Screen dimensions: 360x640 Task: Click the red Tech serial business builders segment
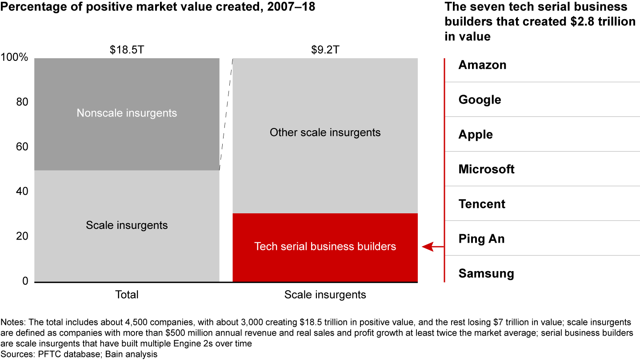coord(325,247)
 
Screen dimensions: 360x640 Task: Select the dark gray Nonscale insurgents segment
coord(127,113)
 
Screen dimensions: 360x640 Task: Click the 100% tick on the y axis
coord(15,58)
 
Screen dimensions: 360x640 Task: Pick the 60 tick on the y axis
coord(22,147)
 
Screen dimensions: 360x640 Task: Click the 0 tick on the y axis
coord(25,281)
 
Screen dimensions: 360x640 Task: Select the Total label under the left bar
coord(127,295)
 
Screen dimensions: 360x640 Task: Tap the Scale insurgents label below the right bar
coord(325,295)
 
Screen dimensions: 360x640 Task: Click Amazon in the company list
coord(482,65)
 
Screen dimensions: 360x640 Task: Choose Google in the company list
coord(480,100)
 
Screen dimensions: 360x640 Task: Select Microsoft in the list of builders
coord(486,169)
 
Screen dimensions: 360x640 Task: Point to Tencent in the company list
coord(482,204)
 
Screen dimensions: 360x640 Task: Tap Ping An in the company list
coord(481,239)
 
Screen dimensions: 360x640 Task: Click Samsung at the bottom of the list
coord(486,273)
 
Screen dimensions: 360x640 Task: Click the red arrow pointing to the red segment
coord(432,247)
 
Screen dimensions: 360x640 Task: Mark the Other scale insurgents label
coord(325,132)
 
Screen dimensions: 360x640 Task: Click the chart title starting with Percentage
coord(158,7)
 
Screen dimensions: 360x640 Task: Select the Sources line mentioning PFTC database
coord(80,354)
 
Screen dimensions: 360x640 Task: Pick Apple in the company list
coord(476,135)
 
